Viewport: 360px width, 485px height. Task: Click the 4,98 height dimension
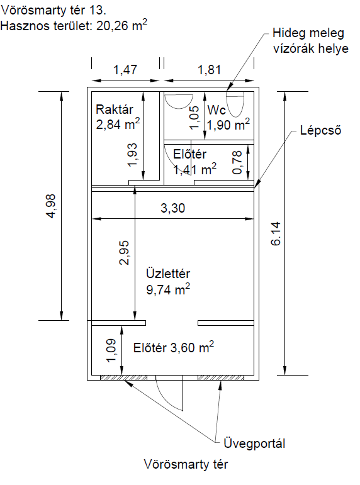point(51,206)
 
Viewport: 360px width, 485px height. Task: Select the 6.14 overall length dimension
point(276,233)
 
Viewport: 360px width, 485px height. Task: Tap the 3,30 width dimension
point(172,208)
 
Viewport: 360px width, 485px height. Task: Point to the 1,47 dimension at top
point(125,70)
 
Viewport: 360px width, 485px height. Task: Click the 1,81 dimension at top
point(210,70)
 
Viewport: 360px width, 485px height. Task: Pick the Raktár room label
point(114,109)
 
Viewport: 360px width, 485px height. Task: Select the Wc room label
point(217,110)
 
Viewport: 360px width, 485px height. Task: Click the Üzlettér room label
point(168,274)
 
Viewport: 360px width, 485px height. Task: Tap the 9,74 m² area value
point(168,289)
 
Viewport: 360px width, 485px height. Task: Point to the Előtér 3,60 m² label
point(173,347)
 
